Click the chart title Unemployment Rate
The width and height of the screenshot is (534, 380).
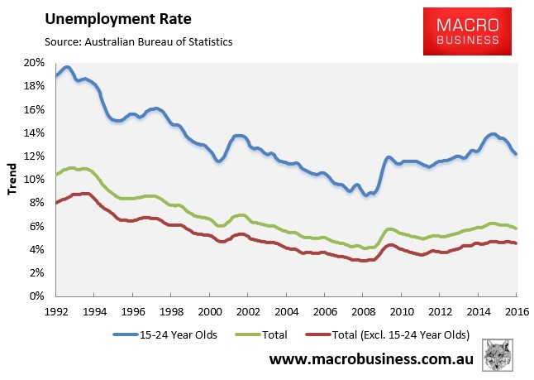click(x=118, y=19)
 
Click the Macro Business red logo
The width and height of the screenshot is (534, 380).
click(x=467, y=31)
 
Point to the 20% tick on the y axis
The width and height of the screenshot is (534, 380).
click(x=34, y=63)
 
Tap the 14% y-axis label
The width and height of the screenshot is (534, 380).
click(x=34, y=132)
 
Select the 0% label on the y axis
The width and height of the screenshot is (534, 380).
click(x=36, y=296)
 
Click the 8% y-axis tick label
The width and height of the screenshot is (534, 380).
click(x=36, y=203)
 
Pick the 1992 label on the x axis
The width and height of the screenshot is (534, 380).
click(x=56, y=311)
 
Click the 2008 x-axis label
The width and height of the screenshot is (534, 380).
click(x=364, y=311)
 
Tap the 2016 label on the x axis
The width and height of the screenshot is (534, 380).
click(x=517, y=311)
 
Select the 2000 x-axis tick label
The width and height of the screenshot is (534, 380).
click(x=210, y=311)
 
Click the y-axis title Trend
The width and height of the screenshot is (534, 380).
click(x=12, y=179)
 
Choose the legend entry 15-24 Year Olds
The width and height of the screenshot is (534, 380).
click(x=164, y=334)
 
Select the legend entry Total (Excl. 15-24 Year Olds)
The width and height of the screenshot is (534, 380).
click(x=388, y=334)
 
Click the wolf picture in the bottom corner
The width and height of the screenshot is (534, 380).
click(x=498, y=355)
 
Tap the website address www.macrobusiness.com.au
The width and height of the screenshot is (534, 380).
click(x=371, y=358)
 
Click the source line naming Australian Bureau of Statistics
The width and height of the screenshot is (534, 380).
click(x=139, y=42)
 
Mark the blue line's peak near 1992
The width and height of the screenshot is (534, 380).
click(x=67, y=68)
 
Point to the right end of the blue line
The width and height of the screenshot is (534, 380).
click(x=516, y=154)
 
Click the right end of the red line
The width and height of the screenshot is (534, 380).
click(x=516, y=243)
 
